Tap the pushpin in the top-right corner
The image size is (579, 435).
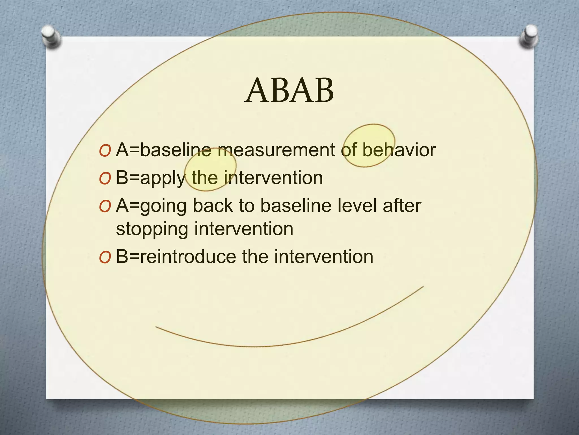pyautogui.click(x=529, y=36)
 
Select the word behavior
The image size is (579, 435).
pyautogui.click(x=399, y=150)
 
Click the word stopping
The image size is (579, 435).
pyautogui.click(x=152, y=229)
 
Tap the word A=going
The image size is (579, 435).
pyautogui.click(x=151, y=206)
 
